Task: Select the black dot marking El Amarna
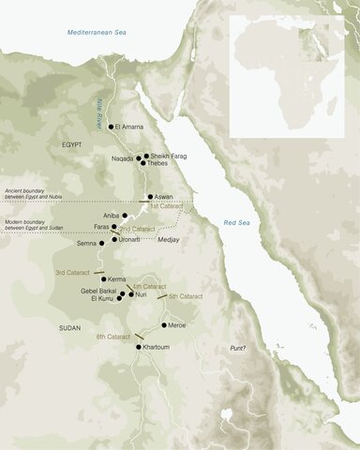[112, 126]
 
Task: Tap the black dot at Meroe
[164, 325]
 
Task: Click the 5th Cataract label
[184, 296]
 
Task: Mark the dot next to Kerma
[104, 279]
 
